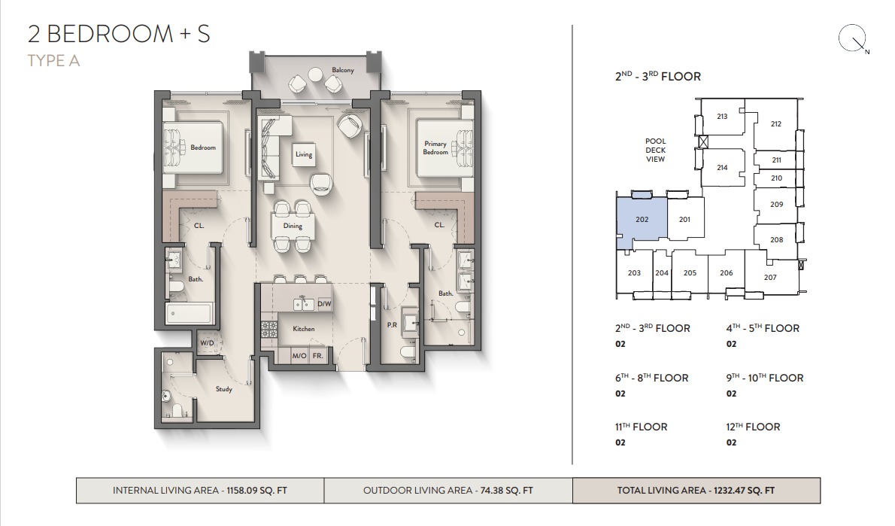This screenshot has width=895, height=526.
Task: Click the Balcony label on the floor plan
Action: tap(342, 70)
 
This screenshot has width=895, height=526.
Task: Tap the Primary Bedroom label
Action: tap(435, 148)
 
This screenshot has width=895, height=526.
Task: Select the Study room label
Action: tap(224, 389)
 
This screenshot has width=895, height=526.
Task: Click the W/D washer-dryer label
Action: tap(207, 343)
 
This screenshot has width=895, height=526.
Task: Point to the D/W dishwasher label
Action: tap(324, 304)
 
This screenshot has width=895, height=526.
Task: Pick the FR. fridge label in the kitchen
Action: tap(318, 356)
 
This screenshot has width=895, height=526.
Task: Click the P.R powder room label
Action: tap(392, 325)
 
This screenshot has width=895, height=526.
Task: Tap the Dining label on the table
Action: tap(293, 226)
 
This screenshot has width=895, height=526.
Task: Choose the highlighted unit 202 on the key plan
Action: tap(642, 219)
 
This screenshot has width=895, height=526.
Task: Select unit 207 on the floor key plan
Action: tap(770, 277)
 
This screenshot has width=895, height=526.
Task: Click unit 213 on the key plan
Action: tap(722, 117)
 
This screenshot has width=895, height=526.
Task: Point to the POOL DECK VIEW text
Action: tap(655, 151)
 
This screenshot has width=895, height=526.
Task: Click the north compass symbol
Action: tap(852, 39)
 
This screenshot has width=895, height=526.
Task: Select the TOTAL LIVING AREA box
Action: tap(696, 491)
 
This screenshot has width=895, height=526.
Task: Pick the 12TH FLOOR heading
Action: tap(753, 427)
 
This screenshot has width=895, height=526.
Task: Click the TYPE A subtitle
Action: tap(53, 60)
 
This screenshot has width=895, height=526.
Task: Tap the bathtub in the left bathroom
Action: tap(189, 313)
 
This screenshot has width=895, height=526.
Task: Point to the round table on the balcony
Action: tap(315, 74)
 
